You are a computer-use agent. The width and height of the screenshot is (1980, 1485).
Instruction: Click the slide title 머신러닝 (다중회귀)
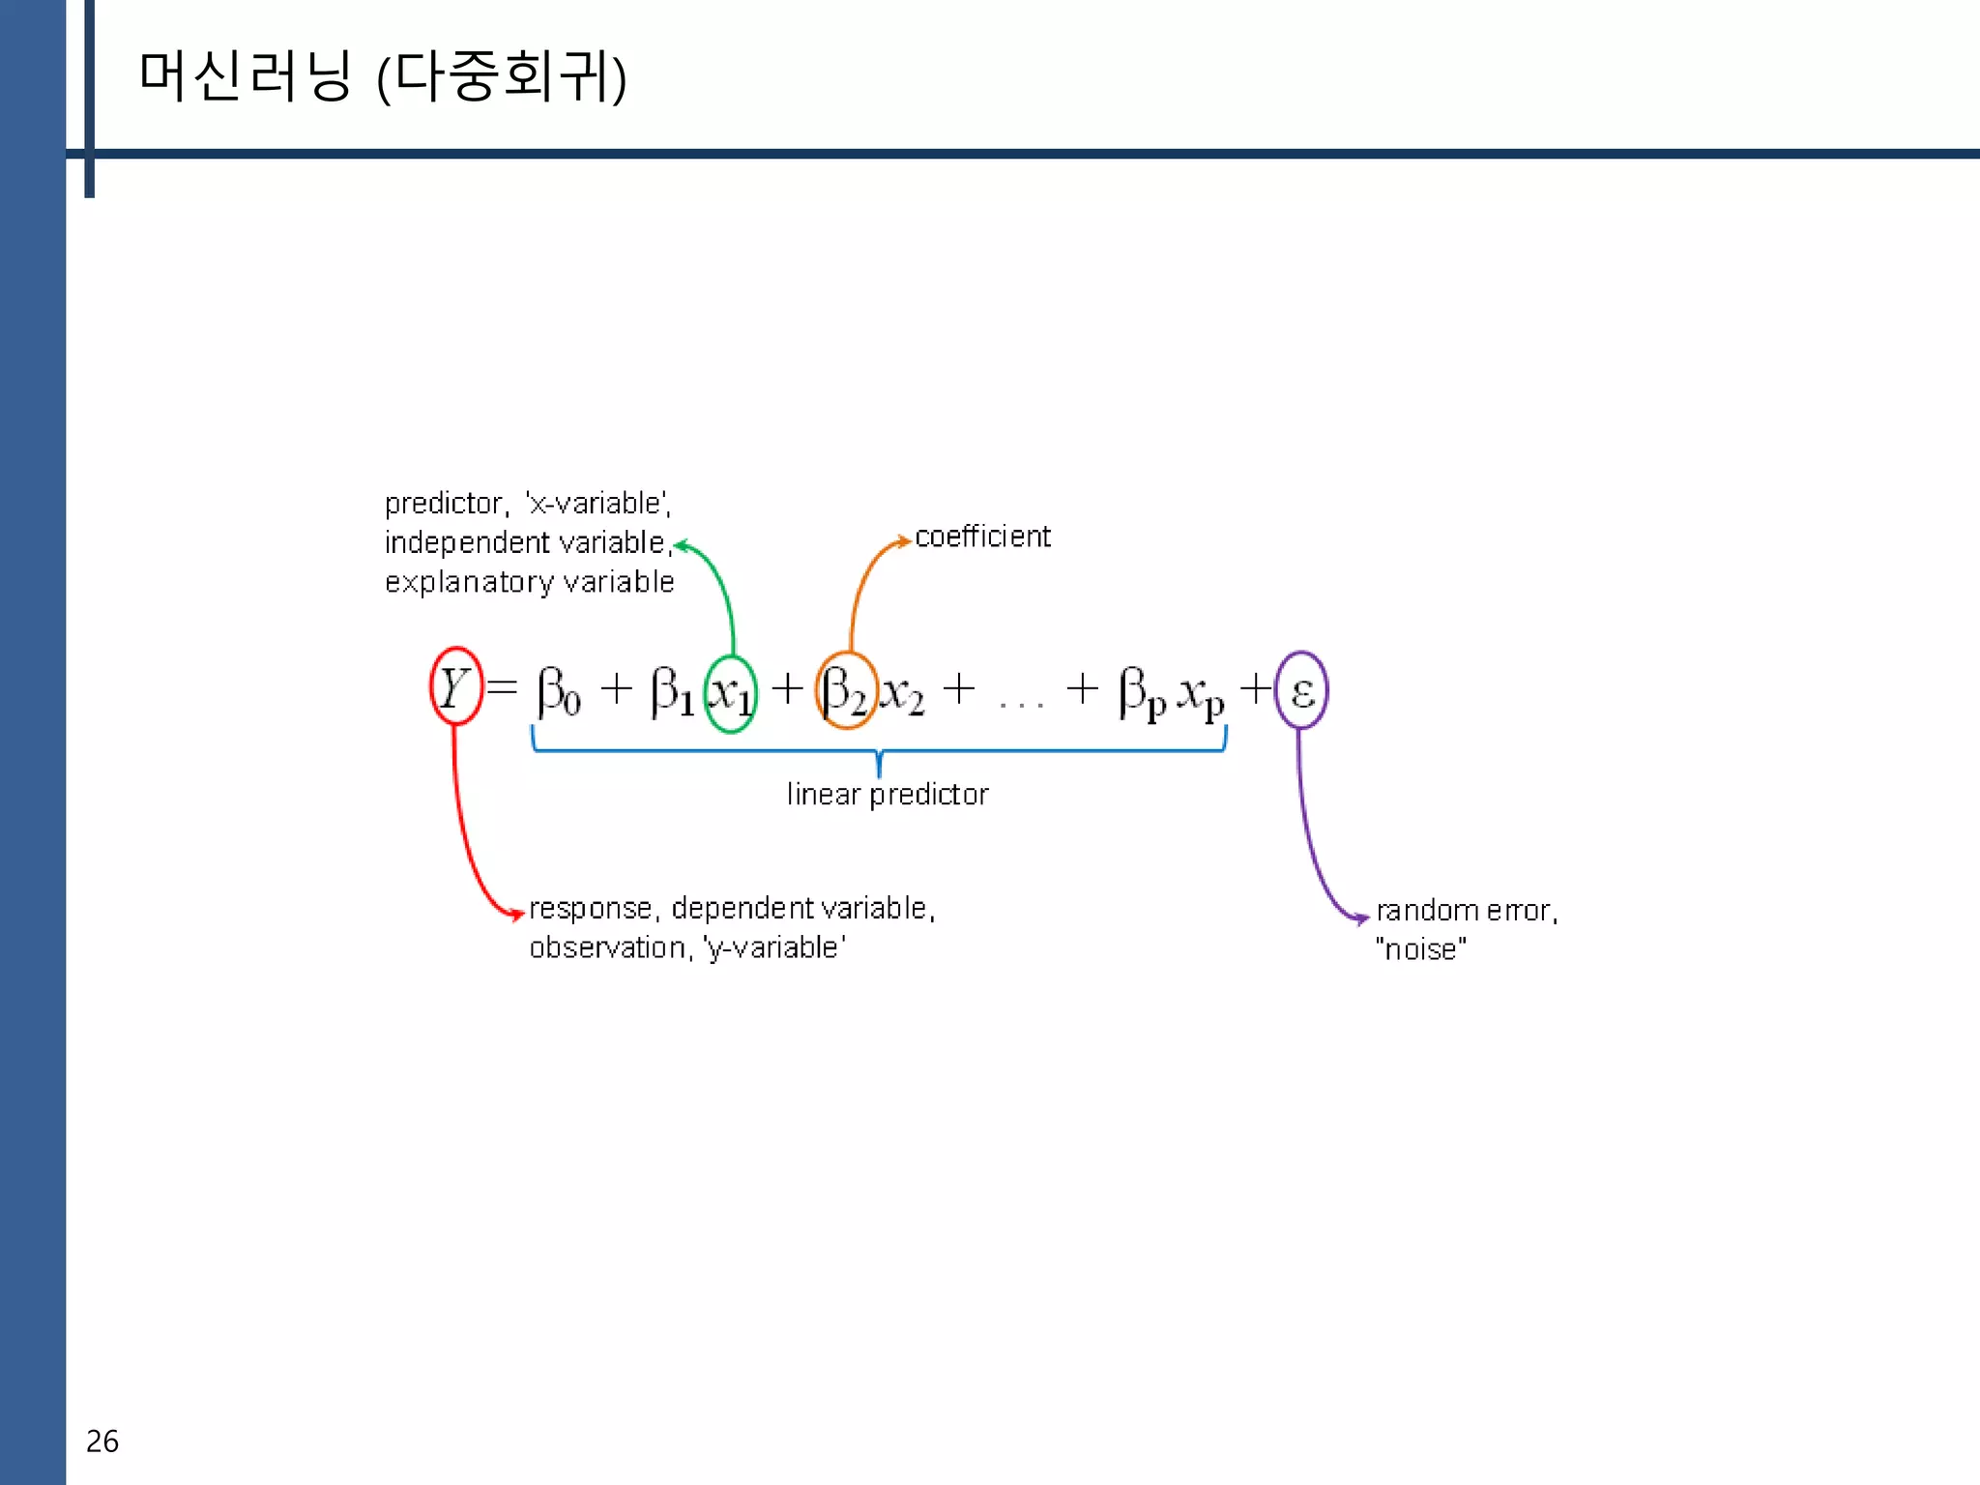pos(383,77)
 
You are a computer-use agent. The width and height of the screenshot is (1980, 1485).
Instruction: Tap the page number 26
pos(102,1441)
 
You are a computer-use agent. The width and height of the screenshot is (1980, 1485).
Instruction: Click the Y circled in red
pos(454,687)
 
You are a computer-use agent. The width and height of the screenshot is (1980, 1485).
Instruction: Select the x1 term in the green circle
pos(731,693)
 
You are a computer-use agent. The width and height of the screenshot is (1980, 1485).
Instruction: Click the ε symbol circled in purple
pos(1301,691)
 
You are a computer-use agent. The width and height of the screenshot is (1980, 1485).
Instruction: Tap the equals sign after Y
pos(503,688)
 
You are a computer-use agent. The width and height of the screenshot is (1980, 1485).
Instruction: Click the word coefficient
pos(982,537)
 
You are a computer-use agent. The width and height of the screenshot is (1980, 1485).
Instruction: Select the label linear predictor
pos(887,795)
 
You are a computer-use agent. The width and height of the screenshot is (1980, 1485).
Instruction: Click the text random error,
pos(1467,911)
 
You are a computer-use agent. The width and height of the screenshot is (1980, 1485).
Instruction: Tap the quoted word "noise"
pos(1420,949)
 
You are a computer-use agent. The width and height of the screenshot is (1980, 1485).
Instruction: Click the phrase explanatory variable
pos(529,583)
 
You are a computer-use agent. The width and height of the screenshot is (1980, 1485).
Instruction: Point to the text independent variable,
pos(528,543)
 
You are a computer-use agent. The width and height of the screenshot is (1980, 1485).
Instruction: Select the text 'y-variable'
pos(774,947)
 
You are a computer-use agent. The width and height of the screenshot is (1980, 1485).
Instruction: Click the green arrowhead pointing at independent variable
pos(681,546)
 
